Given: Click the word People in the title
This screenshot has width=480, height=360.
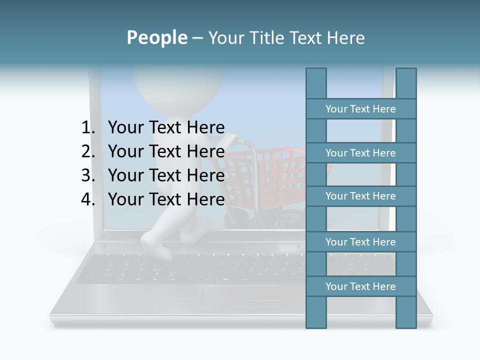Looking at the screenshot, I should point(156,37).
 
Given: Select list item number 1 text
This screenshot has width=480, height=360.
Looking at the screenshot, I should point(166,127).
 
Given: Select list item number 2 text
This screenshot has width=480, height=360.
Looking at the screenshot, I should point(166,151).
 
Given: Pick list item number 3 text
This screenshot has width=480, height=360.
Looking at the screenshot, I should point(166,175).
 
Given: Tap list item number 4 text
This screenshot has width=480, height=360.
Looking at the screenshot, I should point(166,199).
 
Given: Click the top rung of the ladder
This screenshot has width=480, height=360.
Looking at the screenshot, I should point(360,109).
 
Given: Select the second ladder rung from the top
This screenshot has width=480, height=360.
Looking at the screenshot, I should point(360,153).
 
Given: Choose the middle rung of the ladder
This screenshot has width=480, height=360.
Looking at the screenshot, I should point(360,196).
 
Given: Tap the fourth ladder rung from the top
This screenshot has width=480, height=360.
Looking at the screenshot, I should point(360,242).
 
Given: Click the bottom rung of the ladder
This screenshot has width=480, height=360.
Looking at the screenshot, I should point(360,286).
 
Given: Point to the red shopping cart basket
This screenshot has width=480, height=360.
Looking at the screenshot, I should point(265,175).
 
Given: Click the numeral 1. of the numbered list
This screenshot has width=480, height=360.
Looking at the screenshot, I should point(88,127).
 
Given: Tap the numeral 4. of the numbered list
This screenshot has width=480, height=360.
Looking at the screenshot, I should point(88,199).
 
